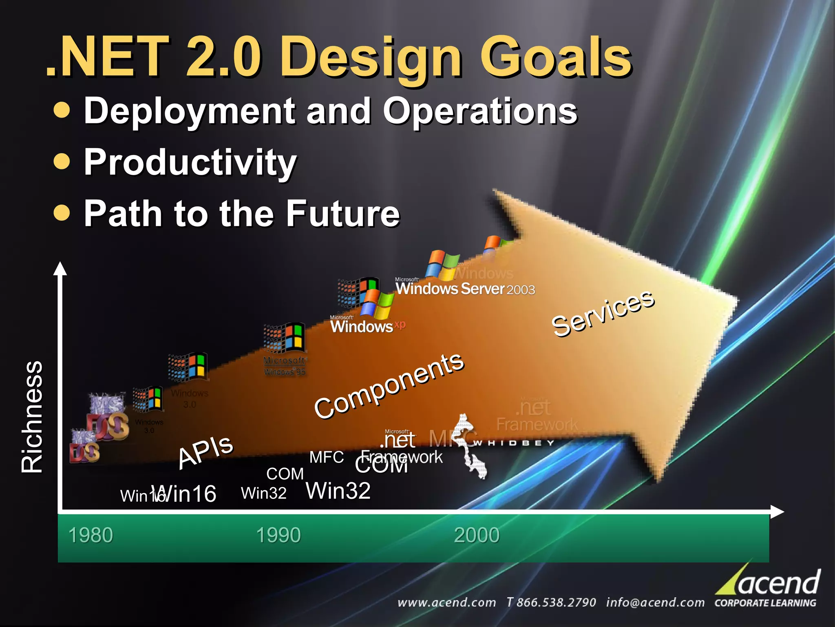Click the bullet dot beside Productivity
[62, 161]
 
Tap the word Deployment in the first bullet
[189, 111]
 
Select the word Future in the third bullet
[342, 213]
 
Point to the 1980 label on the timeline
[91, 535]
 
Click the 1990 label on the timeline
[278, 535]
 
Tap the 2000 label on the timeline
[477, 535]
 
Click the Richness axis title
[32, 417]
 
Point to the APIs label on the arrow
[206, 451]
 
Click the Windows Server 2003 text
[465, 289]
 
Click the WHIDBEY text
[515, 443]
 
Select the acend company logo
[769, 587]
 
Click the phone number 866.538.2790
[551, 603]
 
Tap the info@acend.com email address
[655, 603]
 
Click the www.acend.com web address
[446, 603]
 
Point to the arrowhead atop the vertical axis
[60, 269]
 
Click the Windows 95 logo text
[285, 366]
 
